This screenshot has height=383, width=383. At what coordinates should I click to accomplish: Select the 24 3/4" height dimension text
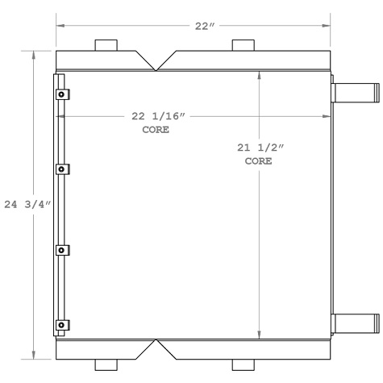click(x=32, y=204)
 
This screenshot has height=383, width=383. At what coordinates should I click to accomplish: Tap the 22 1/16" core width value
click(x=159, y=117)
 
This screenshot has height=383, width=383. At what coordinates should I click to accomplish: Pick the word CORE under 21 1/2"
click(x=258, y=160)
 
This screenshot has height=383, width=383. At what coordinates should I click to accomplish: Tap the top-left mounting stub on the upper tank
click(x=106, y=45)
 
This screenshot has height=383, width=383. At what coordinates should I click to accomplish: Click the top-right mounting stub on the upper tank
click(x=243, y=45)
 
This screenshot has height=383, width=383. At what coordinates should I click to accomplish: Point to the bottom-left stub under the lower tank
click(x=106, y=364)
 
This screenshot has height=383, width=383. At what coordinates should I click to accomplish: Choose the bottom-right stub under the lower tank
click(x=243, y=364)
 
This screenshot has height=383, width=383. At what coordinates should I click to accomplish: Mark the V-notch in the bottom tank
click(x=156, y=348)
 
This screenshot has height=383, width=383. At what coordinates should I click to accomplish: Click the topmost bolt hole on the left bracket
click(x=60, y=95)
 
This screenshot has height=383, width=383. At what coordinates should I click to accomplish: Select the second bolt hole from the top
click(x=60, y=169)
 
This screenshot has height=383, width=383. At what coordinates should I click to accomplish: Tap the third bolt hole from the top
click(x=60, y=251)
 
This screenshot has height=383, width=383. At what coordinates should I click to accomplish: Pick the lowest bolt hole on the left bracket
click(x=60, y=325)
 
